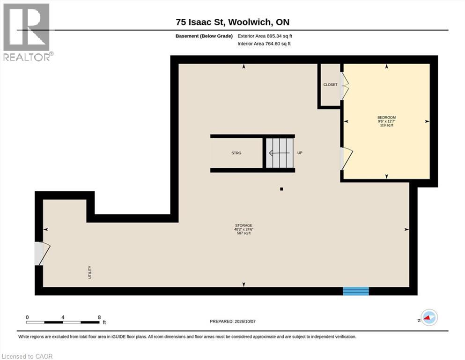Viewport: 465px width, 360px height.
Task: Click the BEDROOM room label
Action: tap(386, 118)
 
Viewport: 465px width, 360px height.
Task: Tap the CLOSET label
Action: tap(330, 84)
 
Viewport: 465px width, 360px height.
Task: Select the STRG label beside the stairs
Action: tap(236, 153)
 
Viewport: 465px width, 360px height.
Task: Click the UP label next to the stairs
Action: tap(300, 153)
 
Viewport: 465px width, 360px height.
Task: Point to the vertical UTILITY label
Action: tap(90, 272)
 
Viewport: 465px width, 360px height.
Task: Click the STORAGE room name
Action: tap(244, 225)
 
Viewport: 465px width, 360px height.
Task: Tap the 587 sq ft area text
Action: tap(244, 233)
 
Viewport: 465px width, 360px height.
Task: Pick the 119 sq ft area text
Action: tap(387, 125)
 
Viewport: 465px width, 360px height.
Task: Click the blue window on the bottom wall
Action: tap(356, 291)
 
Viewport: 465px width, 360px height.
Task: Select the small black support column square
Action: tap(281, 189)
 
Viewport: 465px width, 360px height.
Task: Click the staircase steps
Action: tap(280, 153)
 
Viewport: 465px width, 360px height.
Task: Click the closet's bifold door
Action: tap(344, 86)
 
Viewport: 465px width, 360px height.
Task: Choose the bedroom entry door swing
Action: tap(347, 159)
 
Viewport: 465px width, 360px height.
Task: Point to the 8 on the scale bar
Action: tap(99, 317)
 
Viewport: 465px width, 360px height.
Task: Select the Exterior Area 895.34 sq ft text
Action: tap(265, 36)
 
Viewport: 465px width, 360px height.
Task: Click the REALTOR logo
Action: tap(27, 32)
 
